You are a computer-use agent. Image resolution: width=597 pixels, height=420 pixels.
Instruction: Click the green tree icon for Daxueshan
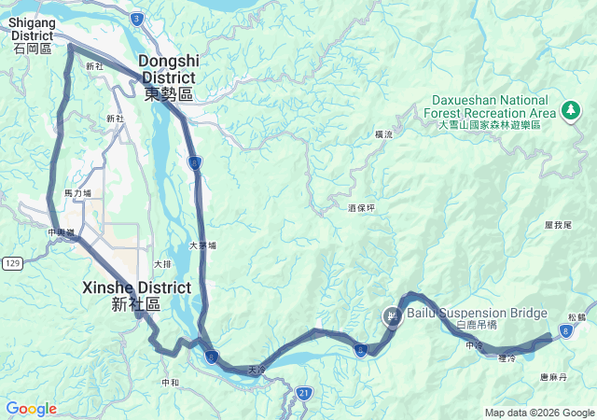(x=570, y=111)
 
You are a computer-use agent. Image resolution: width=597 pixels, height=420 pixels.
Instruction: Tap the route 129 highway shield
(x=11, y=265)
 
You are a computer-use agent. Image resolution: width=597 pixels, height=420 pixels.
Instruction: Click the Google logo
(x=31, y=409)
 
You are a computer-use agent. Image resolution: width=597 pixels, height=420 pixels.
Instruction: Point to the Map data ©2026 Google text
(x=539, y=413)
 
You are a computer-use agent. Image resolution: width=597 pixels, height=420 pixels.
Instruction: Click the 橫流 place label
(x=384, y=134)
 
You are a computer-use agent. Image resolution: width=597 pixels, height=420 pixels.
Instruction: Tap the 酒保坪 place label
(x=360, y=207)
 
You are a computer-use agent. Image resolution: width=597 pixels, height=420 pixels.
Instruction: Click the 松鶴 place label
(x=576, y=317)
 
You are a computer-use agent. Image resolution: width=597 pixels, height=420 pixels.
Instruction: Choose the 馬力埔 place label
(x=77, y=193)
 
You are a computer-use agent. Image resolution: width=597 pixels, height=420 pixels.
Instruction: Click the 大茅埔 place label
(x=202, y=245)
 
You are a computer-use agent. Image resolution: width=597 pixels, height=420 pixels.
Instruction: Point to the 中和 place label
(x=170, y=382)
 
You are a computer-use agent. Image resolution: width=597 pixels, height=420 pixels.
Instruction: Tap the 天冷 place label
(x=257, y=371)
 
